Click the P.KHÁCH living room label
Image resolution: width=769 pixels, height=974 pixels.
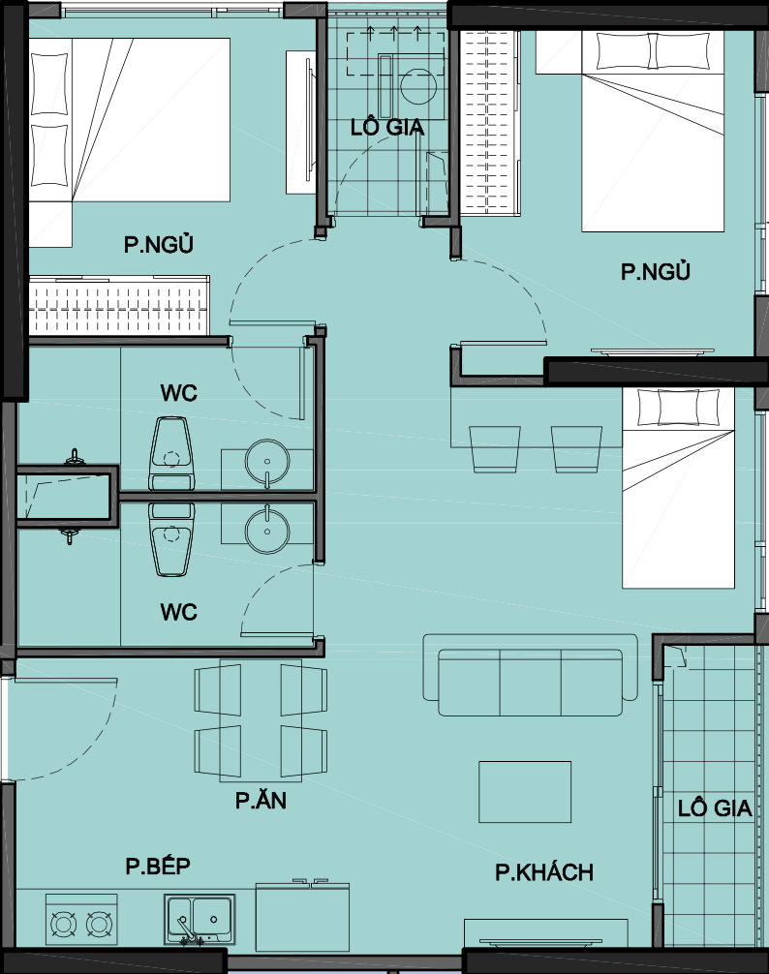pos(544,872)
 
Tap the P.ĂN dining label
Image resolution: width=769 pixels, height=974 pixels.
pos(261,800)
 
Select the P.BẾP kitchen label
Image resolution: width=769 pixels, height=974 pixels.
pos(158,866)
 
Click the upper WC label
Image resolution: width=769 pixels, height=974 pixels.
pos(179,392)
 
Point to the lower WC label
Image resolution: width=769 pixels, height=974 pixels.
pos(179,612)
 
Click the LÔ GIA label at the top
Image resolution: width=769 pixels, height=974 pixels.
pos(387,128)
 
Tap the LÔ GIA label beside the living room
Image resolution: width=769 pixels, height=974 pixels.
pos(715,808)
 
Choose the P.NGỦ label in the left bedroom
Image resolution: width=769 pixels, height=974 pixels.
pos(159,244)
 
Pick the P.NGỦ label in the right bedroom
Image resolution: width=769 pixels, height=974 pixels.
pos(656,271)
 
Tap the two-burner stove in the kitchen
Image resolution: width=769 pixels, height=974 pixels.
pos(81,920)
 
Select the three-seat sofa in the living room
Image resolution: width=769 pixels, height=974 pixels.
pos(531,675)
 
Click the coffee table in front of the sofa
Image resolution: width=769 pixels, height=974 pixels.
pos(525,791)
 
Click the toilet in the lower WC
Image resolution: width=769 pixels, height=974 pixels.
pos(171,539)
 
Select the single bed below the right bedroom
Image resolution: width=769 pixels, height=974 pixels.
pos(678,488)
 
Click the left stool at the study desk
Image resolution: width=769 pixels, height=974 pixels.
pos(495,449)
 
